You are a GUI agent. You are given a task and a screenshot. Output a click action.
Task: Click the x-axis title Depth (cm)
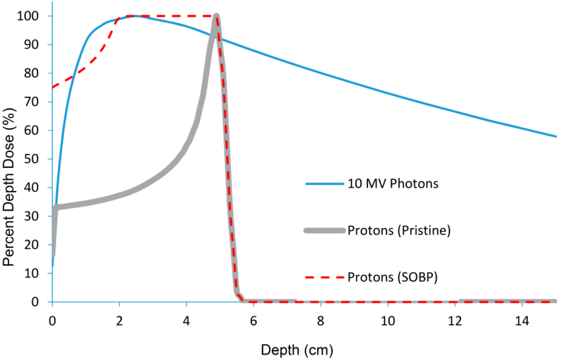click(x=296, y=349)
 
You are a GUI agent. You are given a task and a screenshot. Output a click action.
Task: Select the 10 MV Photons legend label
click(x=393, y=184)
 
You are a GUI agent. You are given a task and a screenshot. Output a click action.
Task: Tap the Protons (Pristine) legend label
click(x=399, y=231)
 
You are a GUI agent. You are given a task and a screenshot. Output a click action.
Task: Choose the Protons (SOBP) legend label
click(x=392, y=277)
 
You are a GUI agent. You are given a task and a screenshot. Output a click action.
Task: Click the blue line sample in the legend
click(x=324, y=184)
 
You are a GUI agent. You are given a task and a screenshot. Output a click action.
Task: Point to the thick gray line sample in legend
click(x=324, y=231)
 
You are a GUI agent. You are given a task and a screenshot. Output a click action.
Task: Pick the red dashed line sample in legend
click(x=324, y=277)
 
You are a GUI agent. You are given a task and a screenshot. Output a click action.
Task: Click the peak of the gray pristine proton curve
click(x=216, y=16)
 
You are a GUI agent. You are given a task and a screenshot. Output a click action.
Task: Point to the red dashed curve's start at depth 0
click(x=53, y=87)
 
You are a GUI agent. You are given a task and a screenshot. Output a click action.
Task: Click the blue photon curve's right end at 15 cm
click(x=556, y=136)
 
